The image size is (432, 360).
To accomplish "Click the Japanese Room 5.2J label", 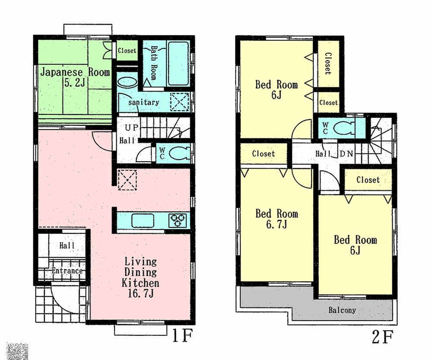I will [x=75, y=77].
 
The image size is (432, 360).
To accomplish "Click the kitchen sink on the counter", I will [x=143, y=220].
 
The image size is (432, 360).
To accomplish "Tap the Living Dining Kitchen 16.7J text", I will [x=140, y=277].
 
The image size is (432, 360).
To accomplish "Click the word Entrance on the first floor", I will [x=67, y=271].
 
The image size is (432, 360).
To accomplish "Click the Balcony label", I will [x=342, y=310].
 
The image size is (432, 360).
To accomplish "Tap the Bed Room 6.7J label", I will [x=276, y=219].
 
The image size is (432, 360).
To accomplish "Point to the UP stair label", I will [x=131, y=128].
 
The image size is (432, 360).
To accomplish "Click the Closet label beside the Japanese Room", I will [x=127, y=51].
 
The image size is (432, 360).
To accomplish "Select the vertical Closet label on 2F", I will [x=328, y=63].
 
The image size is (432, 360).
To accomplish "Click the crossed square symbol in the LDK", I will [x=127, y=180].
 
